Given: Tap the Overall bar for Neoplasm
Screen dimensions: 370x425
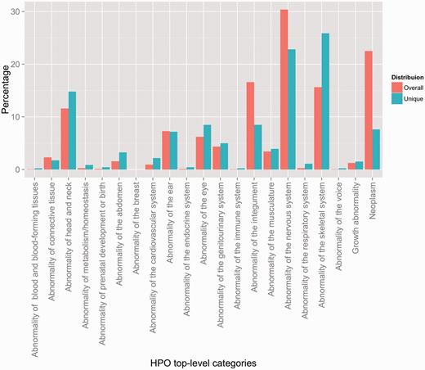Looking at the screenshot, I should tap(368, 111).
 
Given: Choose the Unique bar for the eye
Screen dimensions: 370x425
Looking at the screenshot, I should tap(207, 147).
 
